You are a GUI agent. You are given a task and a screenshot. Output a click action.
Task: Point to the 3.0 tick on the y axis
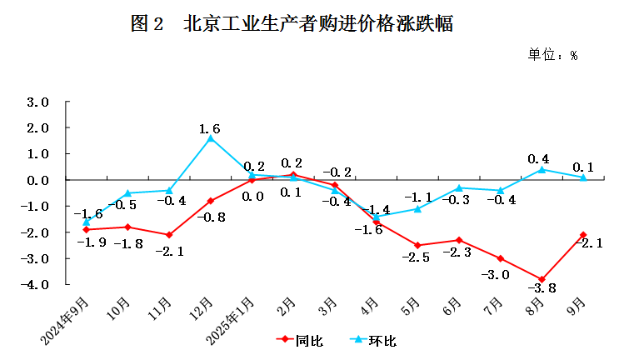pos(39,102)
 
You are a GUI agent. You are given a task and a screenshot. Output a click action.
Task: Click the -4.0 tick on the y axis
pos(37,284)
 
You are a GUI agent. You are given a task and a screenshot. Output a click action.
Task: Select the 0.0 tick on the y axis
pos(39,180)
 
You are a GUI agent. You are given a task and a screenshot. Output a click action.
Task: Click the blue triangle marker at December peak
pos(210,138)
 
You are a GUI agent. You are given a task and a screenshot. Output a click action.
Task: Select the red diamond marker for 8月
pos(542,279)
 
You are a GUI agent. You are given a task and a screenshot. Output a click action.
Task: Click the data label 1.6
pos(210,128)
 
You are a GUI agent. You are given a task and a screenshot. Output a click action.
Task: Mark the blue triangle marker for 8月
pos(542,169)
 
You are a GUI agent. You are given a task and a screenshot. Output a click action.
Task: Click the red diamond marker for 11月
pos(168,235)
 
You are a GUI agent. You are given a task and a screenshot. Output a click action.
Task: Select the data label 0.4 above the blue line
pos(539,158)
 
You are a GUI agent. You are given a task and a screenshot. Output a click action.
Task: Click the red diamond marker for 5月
pos(417,245)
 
